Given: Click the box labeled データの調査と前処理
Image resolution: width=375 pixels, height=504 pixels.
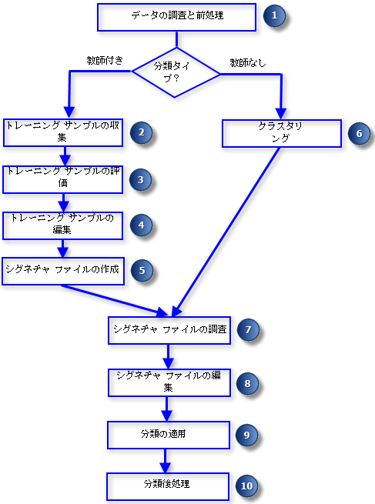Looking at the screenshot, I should click(x=177, y=16).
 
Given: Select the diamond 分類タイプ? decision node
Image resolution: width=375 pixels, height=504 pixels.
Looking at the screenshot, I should click(x=176, y=72).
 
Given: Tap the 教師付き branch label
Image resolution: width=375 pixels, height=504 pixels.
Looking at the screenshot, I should click(x=105, y=60).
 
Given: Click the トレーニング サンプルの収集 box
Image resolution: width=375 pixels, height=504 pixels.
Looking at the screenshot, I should click(x=62, y=132).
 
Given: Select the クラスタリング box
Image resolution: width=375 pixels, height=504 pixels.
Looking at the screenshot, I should click(x=281, y=132).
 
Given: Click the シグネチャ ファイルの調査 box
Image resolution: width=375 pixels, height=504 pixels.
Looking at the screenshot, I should click(x=169, y=329).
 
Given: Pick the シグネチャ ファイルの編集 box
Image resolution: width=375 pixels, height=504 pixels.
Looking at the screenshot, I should click(x=169, y=382).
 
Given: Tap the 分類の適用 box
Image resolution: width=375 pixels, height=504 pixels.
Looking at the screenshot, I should click(x=169, y=434).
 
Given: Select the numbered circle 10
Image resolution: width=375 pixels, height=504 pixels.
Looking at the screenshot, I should click(x=246, y=486).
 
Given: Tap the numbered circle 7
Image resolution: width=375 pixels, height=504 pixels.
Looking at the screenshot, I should click(x=247, y=330).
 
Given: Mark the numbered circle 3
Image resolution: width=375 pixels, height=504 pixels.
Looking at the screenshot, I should click(x=140, y=179).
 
